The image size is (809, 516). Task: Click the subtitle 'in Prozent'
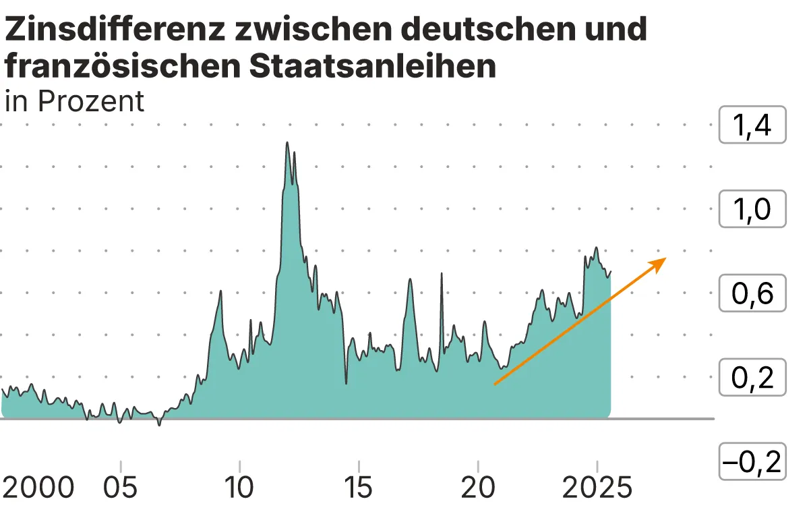74,101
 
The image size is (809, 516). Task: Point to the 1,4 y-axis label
752,125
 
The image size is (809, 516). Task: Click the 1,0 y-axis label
752,210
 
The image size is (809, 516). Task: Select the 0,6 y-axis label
752,293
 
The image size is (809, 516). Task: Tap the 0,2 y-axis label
752,378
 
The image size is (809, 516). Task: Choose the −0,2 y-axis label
752,462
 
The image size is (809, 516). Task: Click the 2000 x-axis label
38,488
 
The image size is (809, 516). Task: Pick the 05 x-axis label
120,488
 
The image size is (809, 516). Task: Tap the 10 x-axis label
239,488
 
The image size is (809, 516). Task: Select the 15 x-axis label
359,488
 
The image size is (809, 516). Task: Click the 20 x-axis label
478,488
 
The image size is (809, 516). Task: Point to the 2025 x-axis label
597,488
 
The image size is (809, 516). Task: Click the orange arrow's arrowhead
659,262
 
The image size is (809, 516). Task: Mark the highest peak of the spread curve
287,143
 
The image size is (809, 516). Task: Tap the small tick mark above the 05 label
120,467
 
